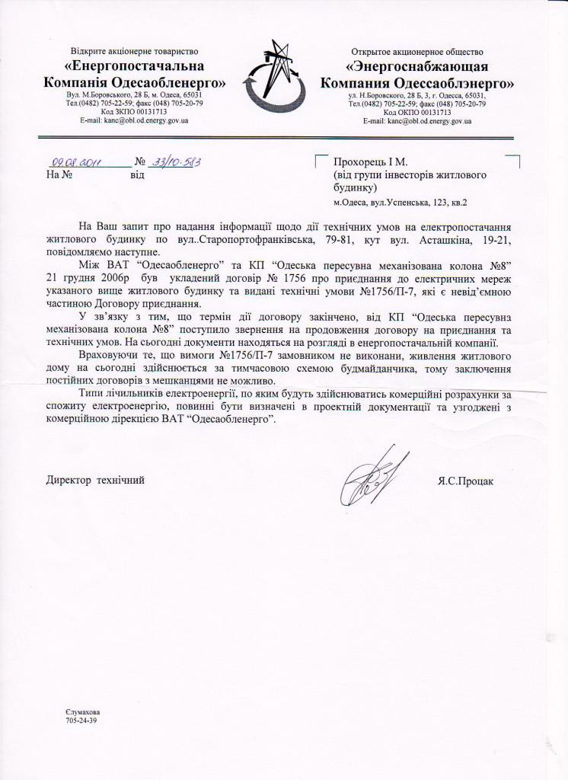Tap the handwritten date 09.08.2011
tap(75, 162)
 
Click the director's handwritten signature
tap(372, 481)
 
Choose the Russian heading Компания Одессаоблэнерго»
tap(417, 82)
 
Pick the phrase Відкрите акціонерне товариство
tap(136, 50)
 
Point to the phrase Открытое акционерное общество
tap(417, 50)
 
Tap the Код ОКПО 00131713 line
tap(417, 112)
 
